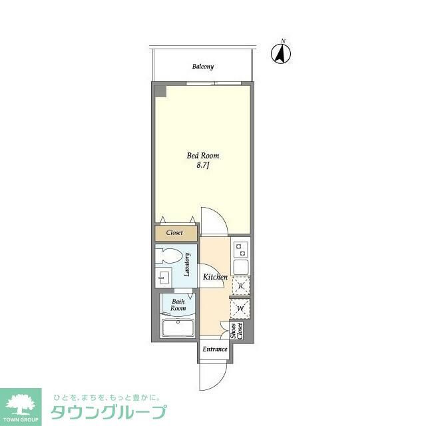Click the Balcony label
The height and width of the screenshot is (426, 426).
coord(203,67)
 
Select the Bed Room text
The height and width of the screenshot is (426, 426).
coord(203,156)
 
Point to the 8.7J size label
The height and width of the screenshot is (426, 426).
coord(203,167)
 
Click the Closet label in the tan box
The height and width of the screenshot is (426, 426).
coord(175,233)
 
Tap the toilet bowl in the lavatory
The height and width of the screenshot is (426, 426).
coord(171,256)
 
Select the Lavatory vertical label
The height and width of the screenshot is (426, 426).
coord(189,266)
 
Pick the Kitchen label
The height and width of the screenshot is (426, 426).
coord(215,277)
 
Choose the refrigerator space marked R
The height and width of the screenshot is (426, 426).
coord(240,286)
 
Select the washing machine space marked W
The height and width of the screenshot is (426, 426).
coord(240,308)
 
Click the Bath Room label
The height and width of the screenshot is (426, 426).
coord(178,305)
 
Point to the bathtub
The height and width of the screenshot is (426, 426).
coord(177,328)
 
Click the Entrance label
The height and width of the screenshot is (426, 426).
coord(214,349)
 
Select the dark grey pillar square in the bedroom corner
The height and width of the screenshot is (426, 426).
coord(160,91)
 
